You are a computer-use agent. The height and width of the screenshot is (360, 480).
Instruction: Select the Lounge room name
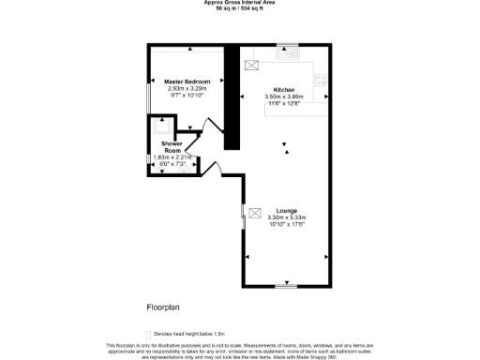(287, 211)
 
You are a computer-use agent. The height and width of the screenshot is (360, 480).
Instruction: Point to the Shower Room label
(171, 147)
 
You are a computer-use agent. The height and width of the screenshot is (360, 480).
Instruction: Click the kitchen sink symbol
(288, 55)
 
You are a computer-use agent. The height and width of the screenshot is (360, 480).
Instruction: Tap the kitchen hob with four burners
(322, 81)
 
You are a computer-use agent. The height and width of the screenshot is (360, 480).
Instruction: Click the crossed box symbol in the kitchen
(251, 66)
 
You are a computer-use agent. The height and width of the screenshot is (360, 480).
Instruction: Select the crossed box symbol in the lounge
(254, 214)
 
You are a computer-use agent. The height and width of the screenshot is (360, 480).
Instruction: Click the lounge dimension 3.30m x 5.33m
(288, 217)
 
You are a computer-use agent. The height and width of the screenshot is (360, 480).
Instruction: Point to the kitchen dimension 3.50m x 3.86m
(285, 97)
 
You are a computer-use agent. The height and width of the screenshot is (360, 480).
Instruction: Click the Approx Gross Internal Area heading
(239, 3)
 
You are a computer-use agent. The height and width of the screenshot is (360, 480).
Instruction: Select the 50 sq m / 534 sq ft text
(239, 8)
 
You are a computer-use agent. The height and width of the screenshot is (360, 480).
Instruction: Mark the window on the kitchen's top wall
(287, 45)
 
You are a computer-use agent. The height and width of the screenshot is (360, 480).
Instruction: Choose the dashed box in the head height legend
(148, 334)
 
